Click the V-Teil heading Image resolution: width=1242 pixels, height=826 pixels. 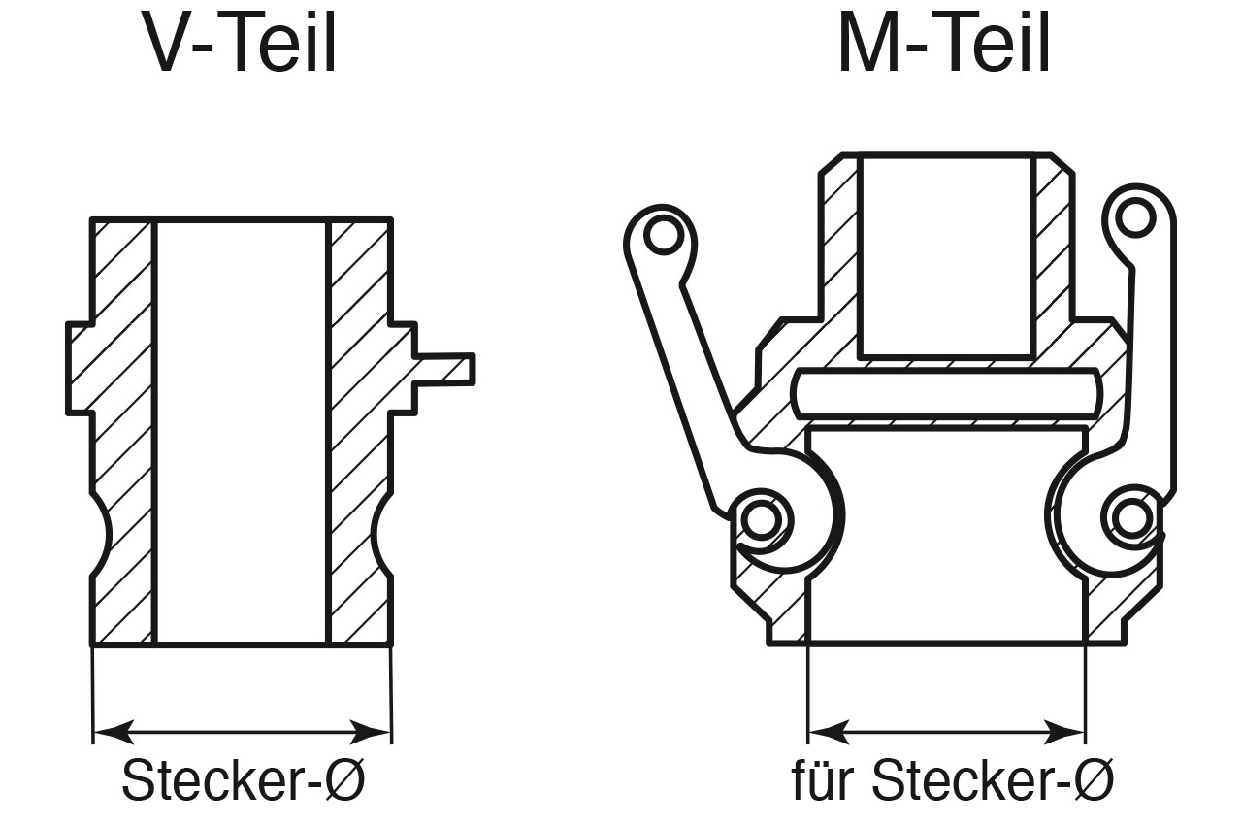tap(242, 44)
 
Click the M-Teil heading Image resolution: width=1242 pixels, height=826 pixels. tap(943, 44)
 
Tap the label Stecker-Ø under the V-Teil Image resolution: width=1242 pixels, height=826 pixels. tap(243, 779)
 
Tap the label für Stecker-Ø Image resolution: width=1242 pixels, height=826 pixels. tap(952, 779)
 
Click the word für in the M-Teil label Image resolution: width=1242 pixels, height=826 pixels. tap(823, 779)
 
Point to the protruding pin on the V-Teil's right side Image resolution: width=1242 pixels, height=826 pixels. tap(446, 369)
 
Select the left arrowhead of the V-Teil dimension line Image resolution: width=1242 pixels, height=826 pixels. tap(109, 730)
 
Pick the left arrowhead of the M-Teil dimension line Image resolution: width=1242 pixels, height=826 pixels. tap(824, 730)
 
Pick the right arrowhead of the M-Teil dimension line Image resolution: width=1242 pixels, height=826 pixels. tap(1068, 730)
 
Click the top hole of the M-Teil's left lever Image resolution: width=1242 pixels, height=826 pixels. tap(662, 234)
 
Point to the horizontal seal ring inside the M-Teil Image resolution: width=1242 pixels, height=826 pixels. tap(946, 393)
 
